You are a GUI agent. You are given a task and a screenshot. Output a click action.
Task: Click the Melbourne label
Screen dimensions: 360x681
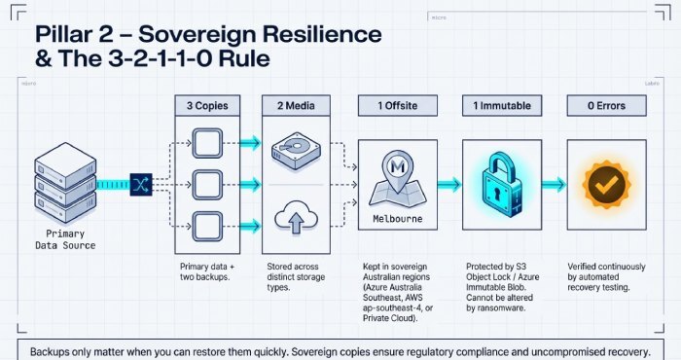click(x=395, y=219)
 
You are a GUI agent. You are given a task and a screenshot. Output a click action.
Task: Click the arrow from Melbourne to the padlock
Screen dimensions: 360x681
click(x=448, y=183)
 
